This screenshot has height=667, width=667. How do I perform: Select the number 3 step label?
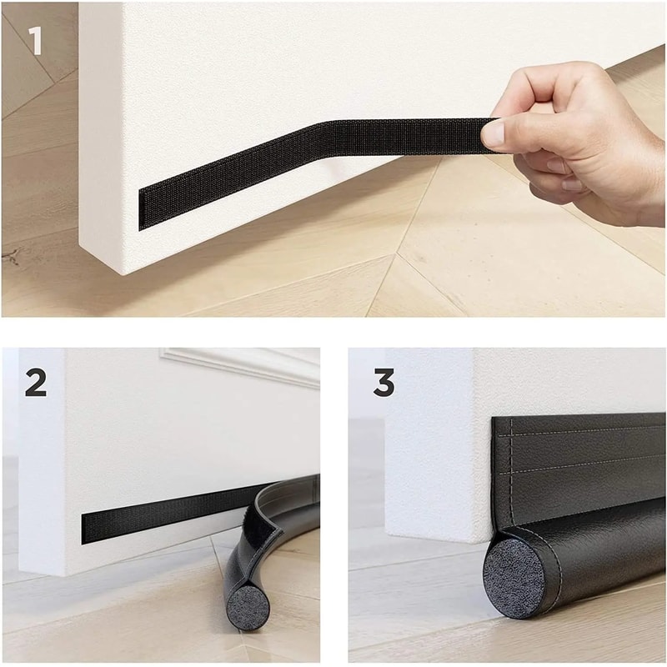[x=384, y=382]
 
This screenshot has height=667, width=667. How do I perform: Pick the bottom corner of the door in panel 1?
[x=125, y=271]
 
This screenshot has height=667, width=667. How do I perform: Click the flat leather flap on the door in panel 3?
[x=575, y=475]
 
